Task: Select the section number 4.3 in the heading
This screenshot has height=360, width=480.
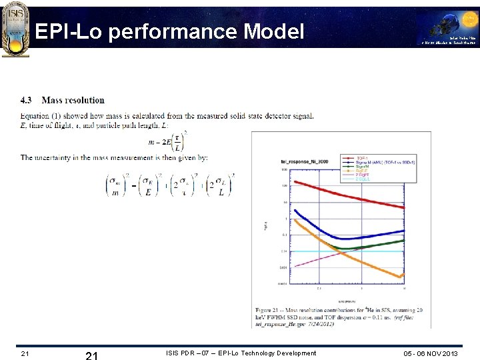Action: click(x=26, y=101)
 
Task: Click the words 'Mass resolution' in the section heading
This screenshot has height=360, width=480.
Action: click(x=73, y=101)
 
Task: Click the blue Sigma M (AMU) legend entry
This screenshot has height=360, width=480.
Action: click(x=380, y=162)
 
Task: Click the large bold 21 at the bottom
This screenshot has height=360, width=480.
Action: click(x=92, y=355)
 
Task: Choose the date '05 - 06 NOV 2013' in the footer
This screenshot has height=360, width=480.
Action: click(x=431, y=353)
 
